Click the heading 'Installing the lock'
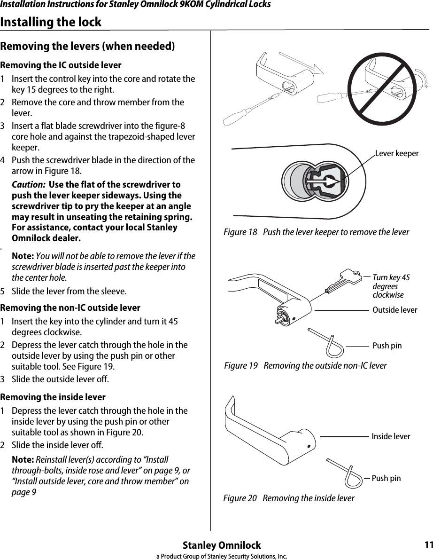[51, 22]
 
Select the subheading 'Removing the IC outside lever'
[61, 65]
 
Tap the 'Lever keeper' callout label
[396, 154]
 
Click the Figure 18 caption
[316, 233]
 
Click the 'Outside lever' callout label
[394, 310]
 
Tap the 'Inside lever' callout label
[391, 437]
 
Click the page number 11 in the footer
[427, 545]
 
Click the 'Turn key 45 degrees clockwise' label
[391, 286]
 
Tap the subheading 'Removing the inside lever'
[53, 397]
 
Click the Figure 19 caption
[305, 366]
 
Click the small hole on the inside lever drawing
[309, 446]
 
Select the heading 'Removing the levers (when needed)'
[88, 47]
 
